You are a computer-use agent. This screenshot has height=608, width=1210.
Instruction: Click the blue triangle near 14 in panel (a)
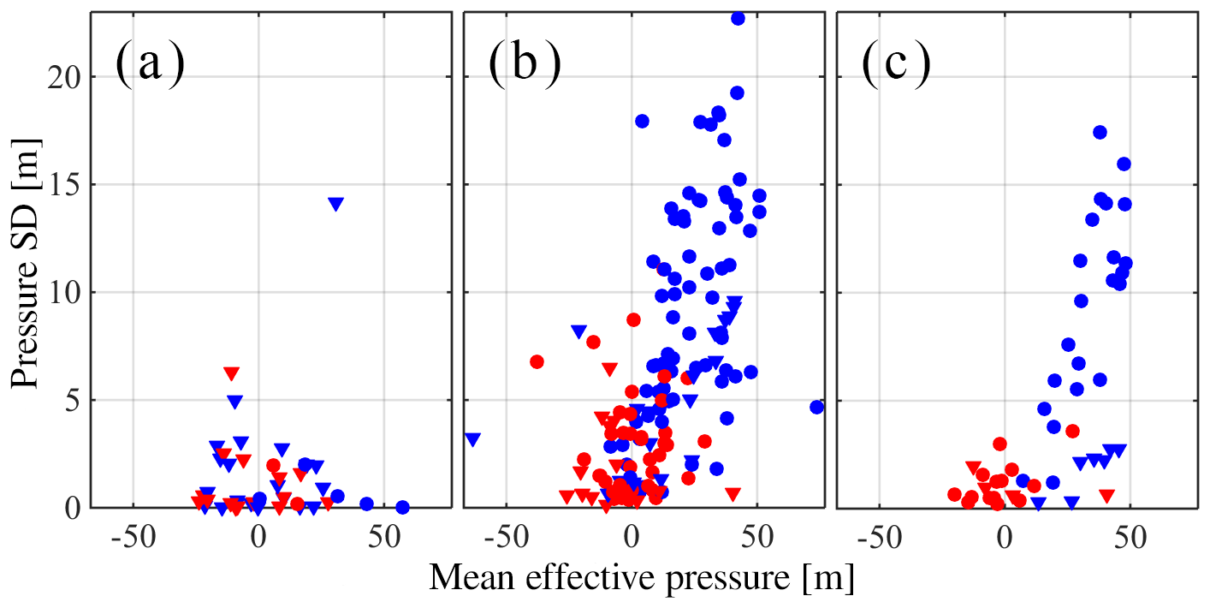point(335,204)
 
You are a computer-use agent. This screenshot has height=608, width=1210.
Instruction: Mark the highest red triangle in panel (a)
point(231,373)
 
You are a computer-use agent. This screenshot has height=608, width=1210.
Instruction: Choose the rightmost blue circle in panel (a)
point(402,507)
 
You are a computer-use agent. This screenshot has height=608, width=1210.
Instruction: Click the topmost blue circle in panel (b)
point(738,18)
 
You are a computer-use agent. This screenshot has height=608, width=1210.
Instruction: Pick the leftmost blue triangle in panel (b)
point(472,439)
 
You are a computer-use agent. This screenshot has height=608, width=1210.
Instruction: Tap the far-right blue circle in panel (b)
point(816,407)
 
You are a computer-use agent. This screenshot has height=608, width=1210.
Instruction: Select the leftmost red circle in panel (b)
point(537,361)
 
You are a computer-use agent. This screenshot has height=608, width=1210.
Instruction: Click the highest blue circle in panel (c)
point(1100,132)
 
